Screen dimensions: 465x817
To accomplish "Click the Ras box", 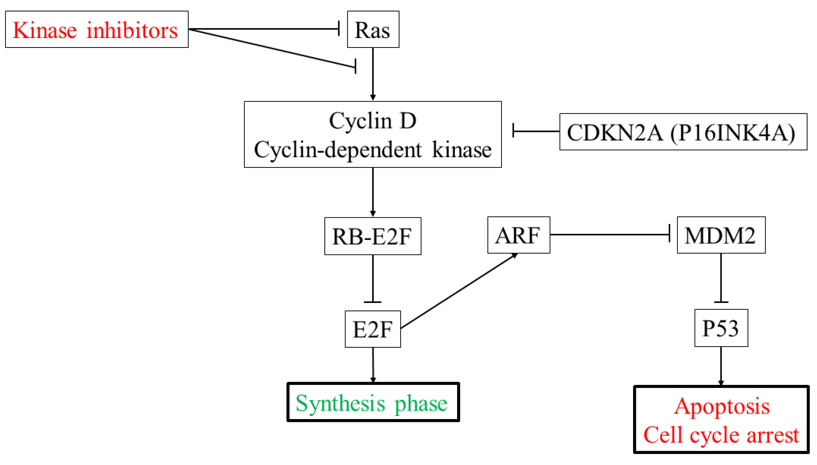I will coord(373,29).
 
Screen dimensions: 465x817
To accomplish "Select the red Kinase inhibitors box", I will coord(96,29).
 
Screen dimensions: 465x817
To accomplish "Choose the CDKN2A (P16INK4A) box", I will coord(683,132).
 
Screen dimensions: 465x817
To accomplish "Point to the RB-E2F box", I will coord(372,236).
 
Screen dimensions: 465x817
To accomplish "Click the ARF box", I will coord(518,235).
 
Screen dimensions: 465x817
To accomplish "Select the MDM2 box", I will coord(721,235).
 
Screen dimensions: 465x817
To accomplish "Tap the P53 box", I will coord(721,328).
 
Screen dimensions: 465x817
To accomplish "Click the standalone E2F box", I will coord(372,329).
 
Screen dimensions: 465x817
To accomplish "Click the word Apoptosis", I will coord(721,406).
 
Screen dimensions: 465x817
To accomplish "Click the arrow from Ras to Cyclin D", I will coord(373,73).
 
